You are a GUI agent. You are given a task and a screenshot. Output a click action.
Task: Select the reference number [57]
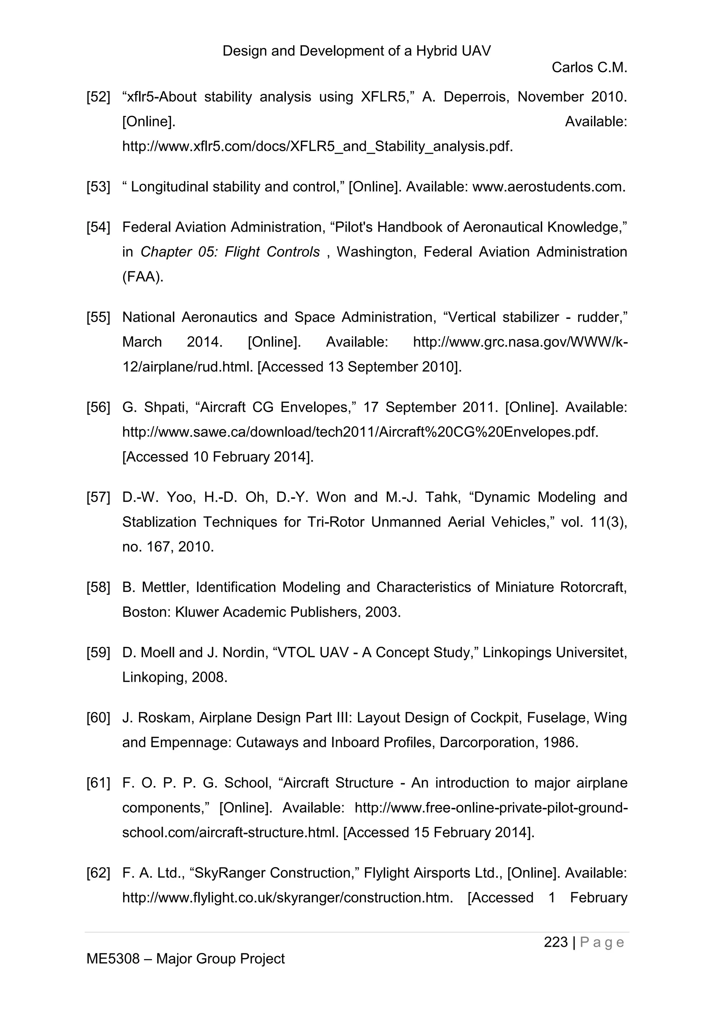98,497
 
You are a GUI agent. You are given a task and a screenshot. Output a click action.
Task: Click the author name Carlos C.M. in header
589,68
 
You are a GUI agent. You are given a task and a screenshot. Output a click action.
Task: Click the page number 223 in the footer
556,942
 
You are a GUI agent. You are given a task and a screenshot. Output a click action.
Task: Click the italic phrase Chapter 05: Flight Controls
230,252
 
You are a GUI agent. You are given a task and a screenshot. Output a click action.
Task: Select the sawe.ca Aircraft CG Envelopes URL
360,432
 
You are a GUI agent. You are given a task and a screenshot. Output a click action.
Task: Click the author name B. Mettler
155,587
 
